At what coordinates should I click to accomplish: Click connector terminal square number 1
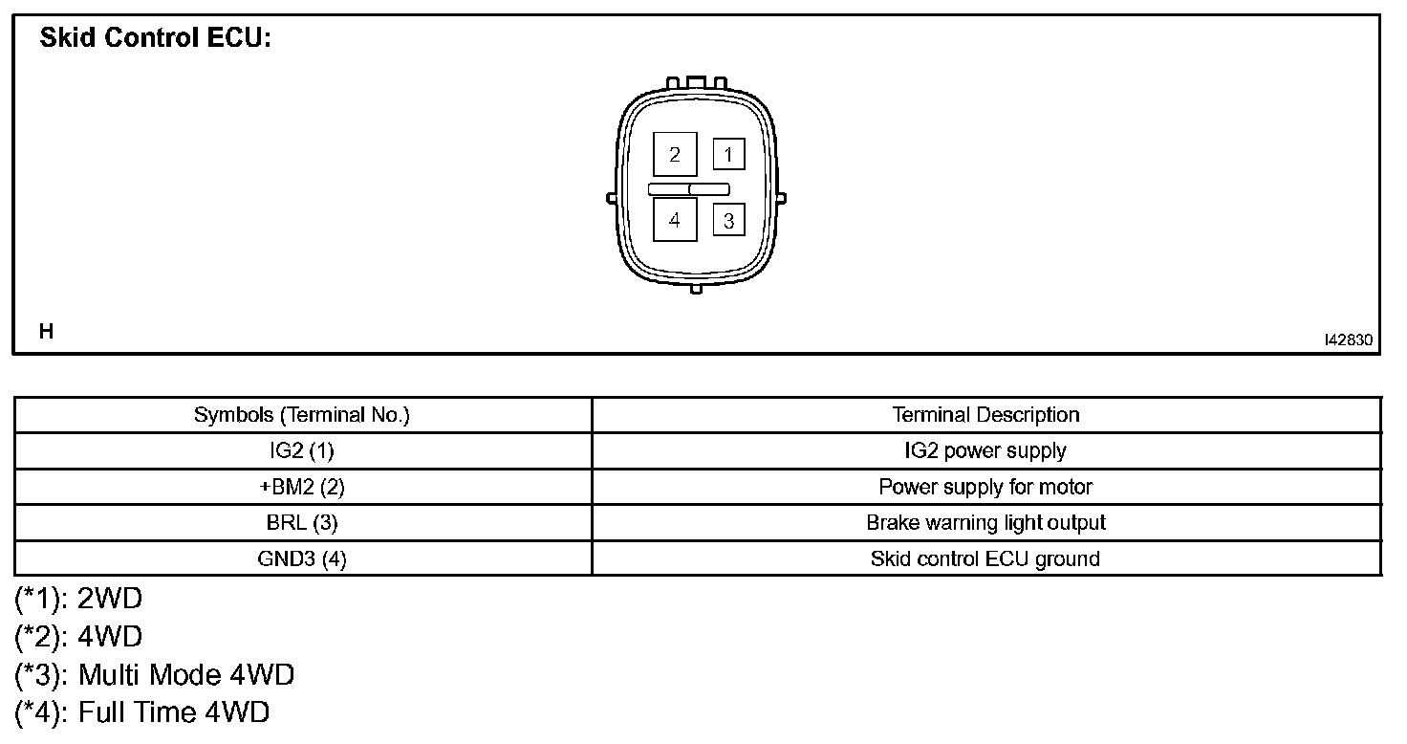pyautogui.click(x=728, y=154)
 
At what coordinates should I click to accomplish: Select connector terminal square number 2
pyautogui.click(x=675, y=154)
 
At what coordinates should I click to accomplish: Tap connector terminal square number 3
pyautogui.click(x=728, y=221)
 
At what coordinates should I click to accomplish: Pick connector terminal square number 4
pyautogui.click(x=675, y=220)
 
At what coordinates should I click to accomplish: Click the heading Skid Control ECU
pyautogui.click(x=156, y=39)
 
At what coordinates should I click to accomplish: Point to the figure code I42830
pyautogui.click(x=1348, y=339)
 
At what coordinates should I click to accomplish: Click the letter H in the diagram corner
pyautogui.click(x=46, y=332)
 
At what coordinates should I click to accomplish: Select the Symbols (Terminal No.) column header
pyautogui.click(x=302, y=415)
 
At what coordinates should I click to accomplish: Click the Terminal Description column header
pyautogui.click(x=985, y=415)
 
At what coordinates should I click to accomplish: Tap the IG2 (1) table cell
pyautogui.click(x=302, y=450)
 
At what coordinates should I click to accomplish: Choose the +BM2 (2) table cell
pyautogui.click(x=302, y=487)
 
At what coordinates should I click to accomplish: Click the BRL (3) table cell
pyautogui.click(x=302, y=523)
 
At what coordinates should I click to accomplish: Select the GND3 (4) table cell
pyautogui.click(x=302, y=559)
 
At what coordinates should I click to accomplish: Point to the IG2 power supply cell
pyautogui.click(x=985, y=450)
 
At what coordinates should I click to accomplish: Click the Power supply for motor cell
pyautogui.click(x=985, y=487)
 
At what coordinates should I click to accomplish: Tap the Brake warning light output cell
pyautogui.click(x=985, y=523)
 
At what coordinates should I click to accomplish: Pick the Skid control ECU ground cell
pyautogui.click(x=985, y=559)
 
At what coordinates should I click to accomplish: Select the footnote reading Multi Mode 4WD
pyautogui.click(x=156, y=675)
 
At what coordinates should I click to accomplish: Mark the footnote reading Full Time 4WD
pyautogui.click(x=143, y=712)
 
